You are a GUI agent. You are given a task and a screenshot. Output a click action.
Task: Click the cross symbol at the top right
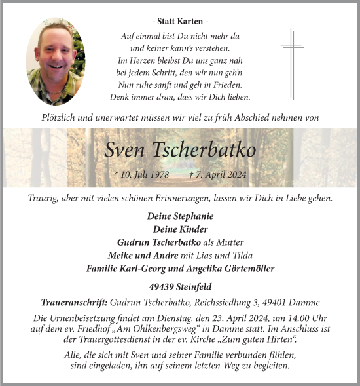click(292, 62)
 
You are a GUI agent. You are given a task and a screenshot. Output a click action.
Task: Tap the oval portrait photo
click(56, 61)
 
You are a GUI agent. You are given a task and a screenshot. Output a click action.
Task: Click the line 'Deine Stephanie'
click(180, 216)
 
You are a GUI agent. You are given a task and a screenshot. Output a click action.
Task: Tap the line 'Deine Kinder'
click(180, 229)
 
